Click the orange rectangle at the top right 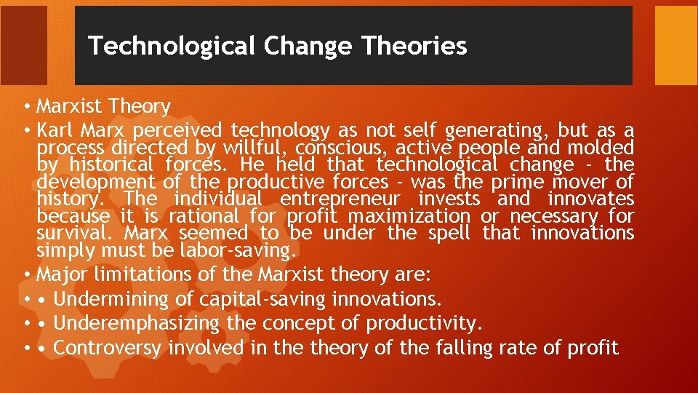(675, 46)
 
